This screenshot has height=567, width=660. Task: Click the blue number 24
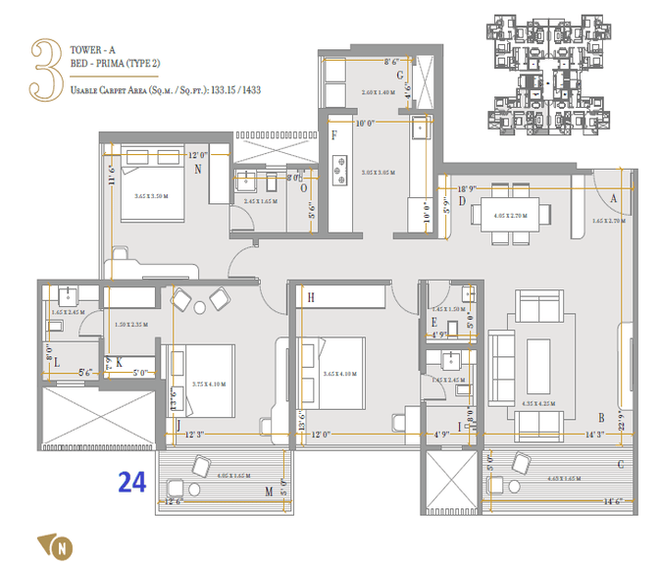point(134,483)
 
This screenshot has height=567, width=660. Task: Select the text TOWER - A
point(95,47)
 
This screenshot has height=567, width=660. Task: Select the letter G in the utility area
point(400,76)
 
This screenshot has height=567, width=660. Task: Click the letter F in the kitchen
point(334,134)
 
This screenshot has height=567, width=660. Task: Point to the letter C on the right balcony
point(620,464)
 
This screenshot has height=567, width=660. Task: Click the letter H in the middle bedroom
point(310,297)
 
